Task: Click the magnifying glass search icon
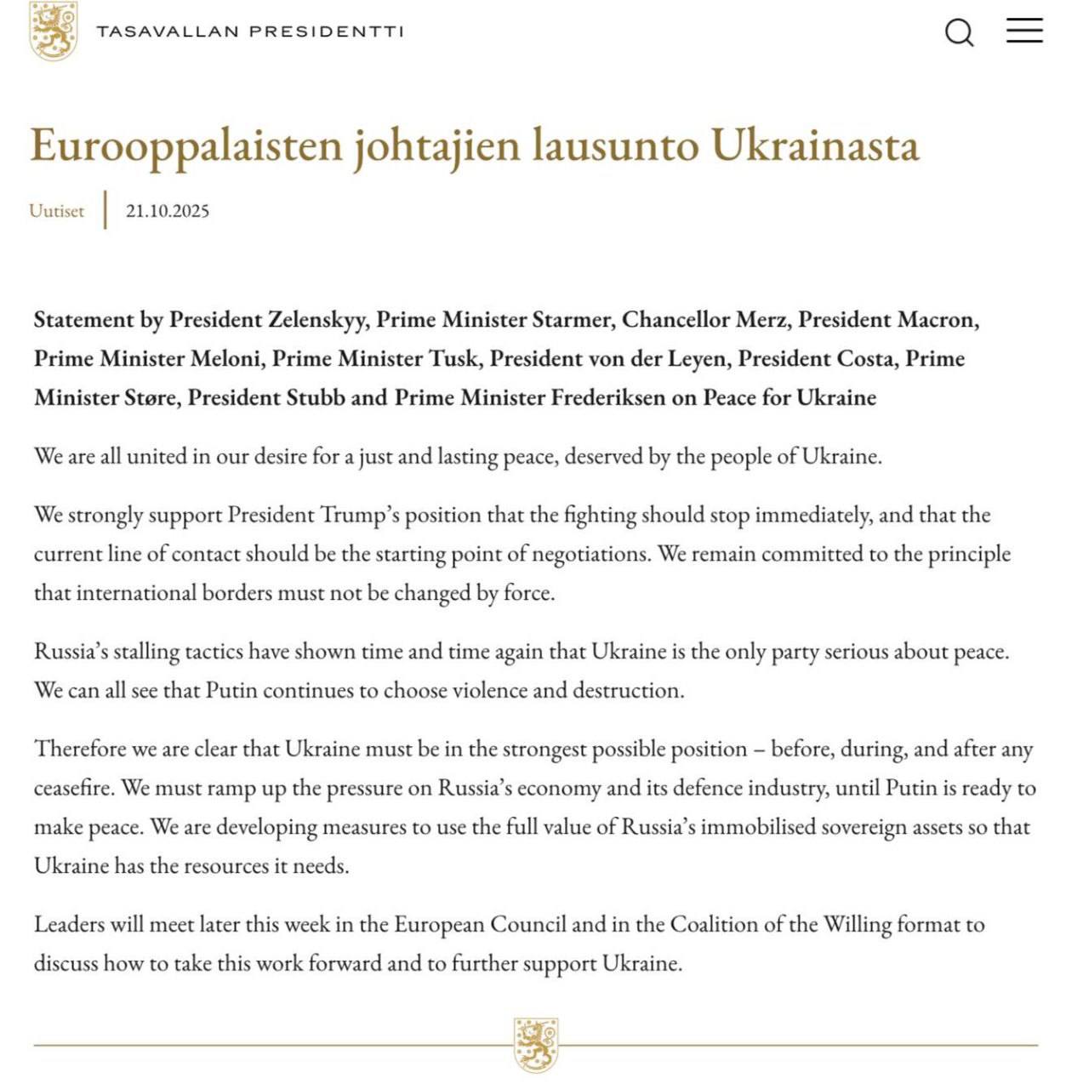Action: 959,32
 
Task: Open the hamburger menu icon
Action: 1024,31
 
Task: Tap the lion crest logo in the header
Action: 53,31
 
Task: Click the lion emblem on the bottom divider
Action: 536,1044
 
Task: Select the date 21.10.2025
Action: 168,211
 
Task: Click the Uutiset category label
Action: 56,211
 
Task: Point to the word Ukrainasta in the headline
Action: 815,145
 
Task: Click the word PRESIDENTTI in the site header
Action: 326,31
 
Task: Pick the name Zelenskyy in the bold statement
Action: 318,320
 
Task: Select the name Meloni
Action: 225,359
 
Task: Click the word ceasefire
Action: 73,788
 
